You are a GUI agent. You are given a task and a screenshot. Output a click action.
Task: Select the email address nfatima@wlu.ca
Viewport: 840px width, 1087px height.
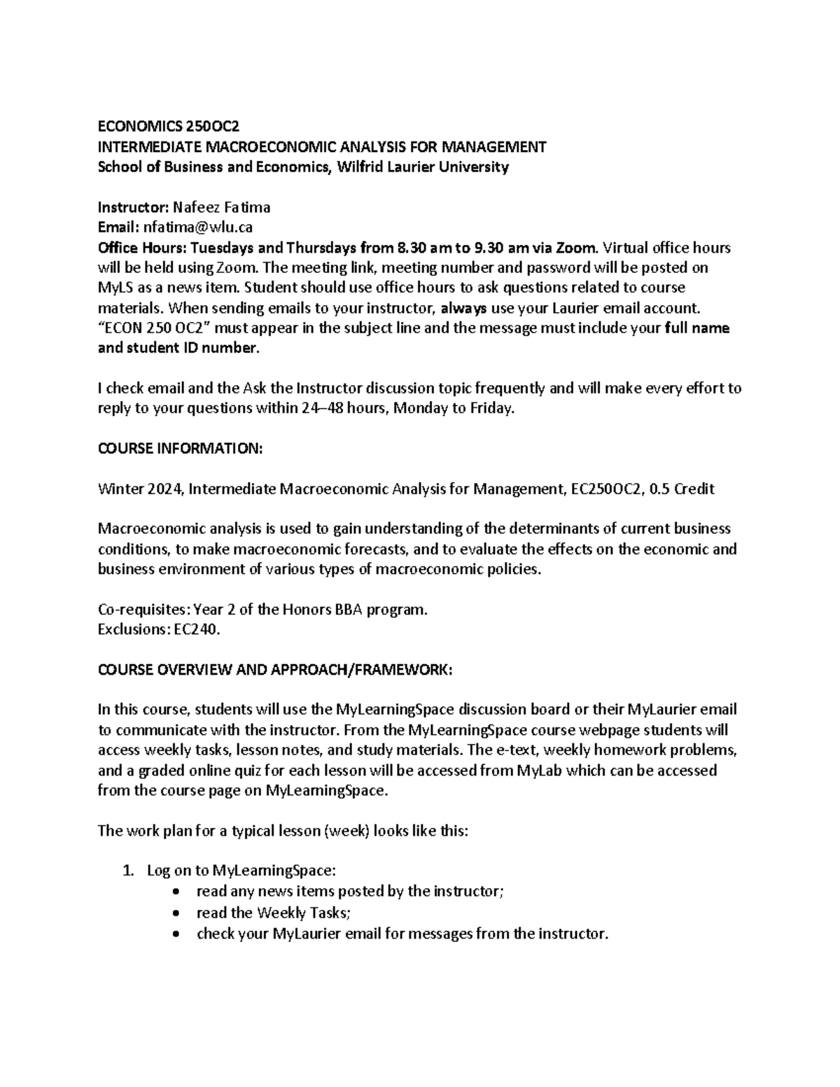pyautogui.click(x=197, y=227)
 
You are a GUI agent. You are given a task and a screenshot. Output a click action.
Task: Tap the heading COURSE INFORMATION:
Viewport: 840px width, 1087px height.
pyautogui.click(x=180, y=449)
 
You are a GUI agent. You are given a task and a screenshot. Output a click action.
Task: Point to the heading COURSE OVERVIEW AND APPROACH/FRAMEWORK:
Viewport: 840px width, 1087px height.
pyautogui.click(x=275, y=670)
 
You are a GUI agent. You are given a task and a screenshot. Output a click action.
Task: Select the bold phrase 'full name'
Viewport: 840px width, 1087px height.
pyautogui.click(x=697, y=328)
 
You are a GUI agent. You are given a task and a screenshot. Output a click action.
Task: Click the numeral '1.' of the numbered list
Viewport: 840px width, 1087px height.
pyautogui.click(x=127, y=871)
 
